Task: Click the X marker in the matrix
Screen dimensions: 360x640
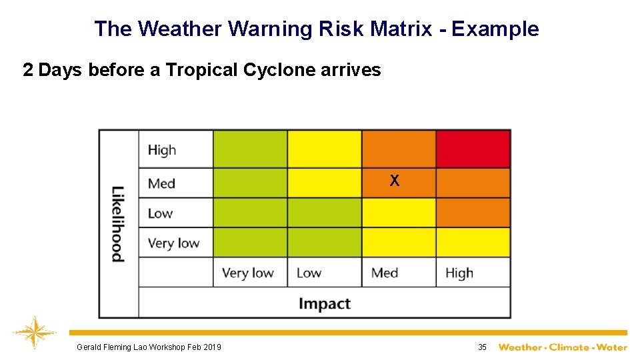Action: (x=395, y=181)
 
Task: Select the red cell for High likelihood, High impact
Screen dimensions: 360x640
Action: (x=473, y=149)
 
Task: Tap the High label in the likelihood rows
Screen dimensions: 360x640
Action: (x=162, y=150)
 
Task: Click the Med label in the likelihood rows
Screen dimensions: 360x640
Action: (x=161, y=183)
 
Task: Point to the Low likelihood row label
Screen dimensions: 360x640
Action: (x=160, y=213)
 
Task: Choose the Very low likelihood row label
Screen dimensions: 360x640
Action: (x=173, y=243)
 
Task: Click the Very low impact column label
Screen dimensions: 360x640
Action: (x=248, y=273)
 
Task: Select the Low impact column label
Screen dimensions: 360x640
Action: (x=309, y=273)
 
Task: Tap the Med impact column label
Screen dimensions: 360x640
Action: (x=385, y=273)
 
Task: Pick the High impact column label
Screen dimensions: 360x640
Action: (x=459, y=273)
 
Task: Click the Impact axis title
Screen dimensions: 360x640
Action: (x=324, y=304)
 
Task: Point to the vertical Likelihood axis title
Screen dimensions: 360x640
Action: (x=117, y=223)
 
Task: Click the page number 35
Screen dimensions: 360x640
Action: (x=482, y=347)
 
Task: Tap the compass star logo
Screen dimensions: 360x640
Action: (x=34, y=333)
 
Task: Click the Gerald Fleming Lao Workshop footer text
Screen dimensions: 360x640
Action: (x=149, y=347)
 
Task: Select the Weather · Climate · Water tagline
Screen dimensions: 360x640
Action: (x=563, y=347)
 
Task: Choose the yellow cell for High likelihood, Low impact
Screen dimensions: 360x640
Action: (x=325, y=149)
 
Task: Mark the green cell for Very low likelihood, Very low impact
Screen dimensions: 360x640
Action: (x=250, y=243)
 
